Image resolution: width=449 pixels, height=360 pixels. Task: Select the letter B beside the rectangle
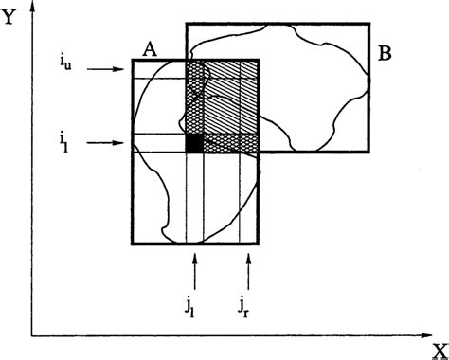point(385,54)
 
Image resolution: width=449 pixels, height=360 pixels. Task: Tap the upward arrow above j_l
point(194,271)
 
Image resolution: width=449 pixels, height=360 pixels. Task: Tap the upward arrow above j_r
point(248,271)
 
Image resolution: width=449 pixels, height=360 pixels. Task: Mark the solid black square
point(194,143)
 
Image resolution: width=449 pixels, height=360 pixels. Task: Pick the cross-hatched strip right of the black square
point(231,142)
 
